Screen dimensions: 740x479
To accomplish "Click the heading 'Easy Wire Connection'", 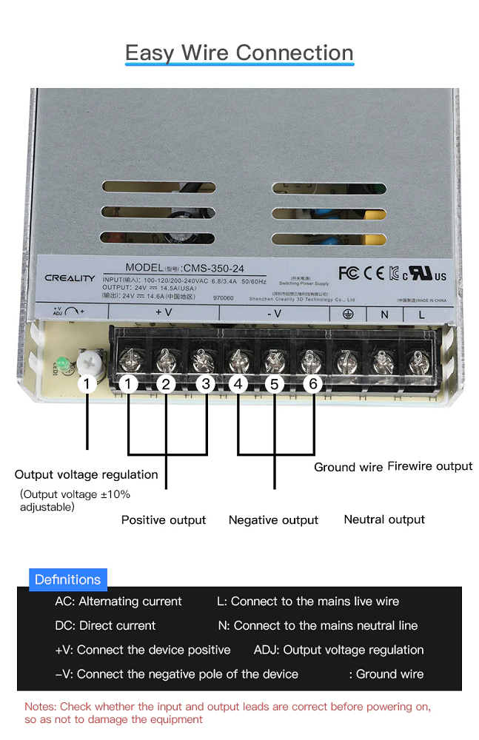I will [x=239, y=53].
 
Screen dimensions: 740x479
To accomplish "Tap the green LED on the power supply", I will [x=62, y=364].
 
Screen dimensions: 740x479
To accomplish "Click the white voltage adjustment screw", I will [x=88, y=360].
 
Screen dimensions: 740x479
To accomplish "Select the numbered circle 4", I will [x=238, y=383].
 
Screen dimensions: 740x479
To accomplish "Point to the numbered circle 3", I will [x=207, y=383].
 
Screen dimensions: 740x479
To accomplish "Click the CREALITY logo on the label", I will [x=70, y=278].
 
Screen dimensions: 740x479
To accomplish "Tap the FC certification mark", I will [x=348, y=273].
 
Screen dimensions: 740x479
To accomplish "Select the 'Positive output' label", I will [x=164, y=520].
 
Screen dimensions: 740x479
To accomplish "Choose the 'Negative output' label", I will [x=273, y=520].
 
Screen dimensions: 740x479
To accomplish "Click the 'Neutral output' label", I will [x=384, y=519].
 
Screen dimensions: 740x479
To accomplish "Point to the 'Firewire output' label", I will [x=430, y=466].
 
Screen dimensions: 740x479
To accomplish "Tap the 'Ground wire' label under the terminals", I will [x=348, y=467].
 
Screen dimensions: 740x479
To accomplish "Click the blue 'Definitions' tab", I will [x=67, y=579].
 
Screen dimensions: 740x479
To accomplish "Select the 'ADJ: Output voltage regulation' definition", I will [x=338, y=650].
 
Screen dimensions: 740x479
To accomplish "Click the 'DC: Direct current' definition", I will [x=105, y=625].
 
